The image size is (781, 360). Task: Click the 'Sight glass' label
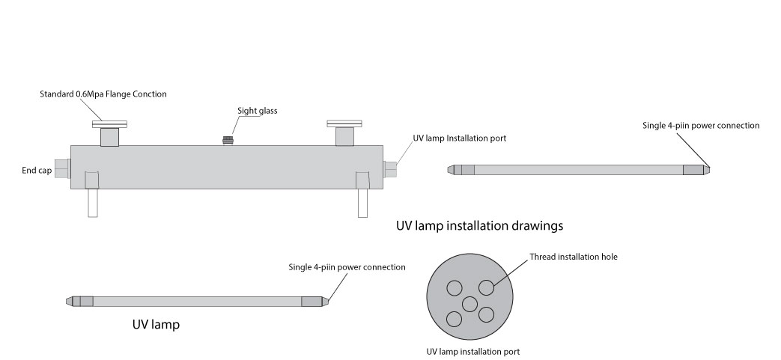coord(258,111)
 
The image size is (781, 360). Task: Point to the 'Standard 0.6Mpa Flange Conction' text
coord(103,94)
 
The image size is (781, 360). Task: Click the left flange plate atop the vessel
coord(109,124)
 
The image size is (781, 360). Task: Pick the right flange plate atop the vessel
coord(344,123)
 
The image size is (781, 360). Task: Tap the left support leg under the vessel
coord(92,201)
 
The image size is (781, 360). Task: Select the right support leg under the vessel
coord(363,201)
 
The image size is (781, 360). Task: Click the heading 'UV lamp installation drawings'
coord(479,225)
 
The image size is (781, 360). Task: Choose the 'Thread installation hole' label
coord(574,257)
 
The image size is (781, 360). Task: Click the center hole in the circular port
coord(469,304)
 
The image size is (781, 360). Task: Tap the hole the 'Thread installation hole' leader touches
coord(487,288)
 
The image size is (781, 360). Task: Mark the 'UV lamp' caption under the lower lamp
coord(156,326)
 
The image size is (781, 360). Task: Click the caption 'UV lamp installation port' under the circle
coord(472,351)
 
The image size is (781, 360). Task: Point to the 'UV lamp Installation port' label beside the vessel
coord(455,139)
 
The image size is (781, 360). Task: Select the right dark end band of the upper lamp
coord(693,170)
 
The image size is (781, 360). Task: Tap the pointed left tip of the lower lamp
coord(69,301)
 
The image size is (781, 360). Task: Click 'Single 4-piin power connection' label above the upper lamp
coord(701,126)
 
